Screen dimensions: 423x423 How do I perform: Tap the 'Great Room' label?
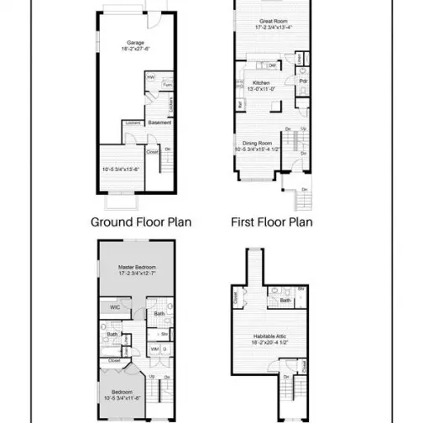[270, 22]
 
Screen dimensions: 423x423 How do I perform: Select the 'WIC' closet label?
[117, 307]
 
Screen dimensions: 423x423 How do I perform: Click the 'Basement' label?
[159, 123]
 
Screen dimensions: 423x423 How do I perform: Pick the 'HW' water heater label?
[151, 78]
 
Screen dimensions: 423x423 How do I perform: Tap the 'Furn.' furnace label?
[167, 86]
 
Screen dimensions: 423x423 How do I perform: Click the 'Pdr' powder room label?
[290, 81]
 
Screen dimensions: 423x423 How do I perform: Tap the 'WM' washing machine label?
[154, 347]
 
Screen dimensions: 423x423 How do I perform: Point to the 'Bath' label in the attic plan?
[285, 300]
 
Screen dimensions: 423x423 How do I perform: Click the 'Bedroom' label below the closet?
[122, 391]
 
